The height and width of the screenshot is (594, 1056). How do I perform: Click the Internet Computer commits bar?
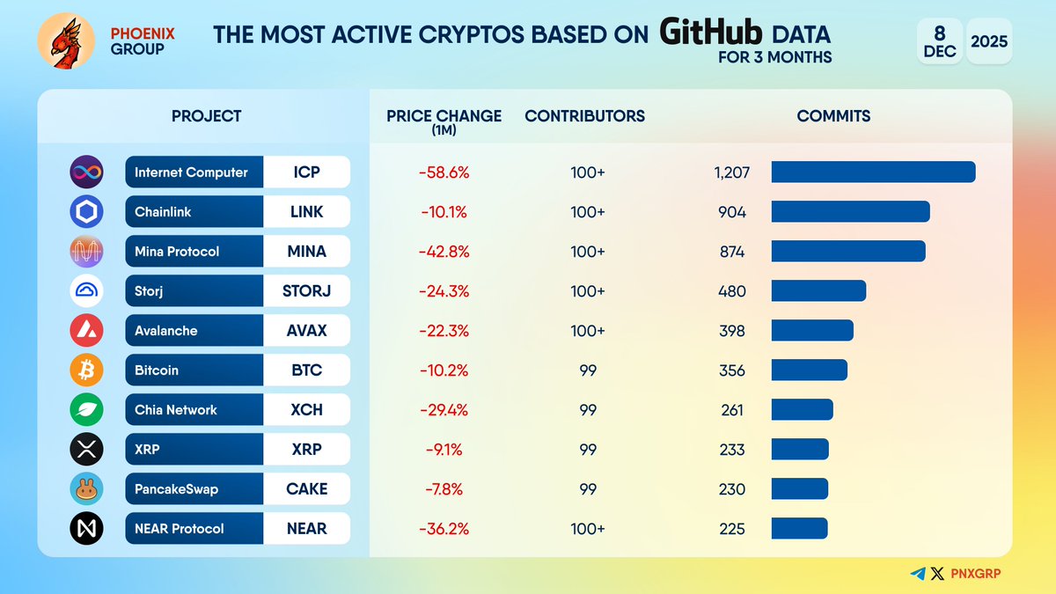click(x=873, y=172)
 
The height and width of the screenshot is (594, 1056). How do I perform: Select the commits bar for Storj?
click(x=818, y=291)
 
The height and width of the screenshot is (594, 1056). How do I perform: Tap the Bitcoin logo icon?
click(x=86, y=370)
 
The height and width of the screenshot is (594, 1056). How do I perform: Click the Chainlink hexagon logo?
click(x=86, y=212)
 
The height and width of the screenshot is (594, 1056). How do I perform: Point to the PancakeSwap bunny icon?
click(x=86, y=489)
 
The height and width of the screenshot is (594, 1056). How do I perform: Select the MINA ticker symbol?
click(x=306, y=252)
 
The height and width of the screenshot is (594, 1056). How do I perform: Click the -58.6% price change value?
click(x=444, y=172)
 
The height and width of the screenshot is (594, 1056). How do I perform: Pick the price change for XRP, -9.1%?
click(x=444, y=450)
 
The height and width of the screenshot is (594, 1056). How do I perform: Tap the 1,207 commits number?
click(x=732, y=172)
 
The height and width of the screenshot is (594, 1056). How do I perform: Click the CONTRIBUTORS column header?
click(x=584, y=116)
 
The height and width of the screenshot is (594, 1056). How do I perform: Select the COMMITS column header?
click(x=833, y=116)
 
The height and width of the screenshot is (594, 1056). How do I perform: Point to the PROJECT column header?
click(x=206, y=116)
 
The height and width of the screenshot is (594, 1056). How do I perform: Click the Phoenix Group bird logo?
click(x=65, y=42)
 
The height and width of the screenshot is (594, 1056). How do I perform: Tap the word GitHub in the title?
click(x=712, y=34)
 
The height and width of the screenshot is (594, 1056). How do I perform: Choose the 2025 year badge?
click(x=988, y=41)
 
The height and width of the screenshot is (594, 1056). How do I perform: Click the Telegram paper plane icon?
click(x=918, y=574)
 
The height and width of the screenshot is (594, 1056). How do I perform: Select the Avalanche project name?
click(x=165, y=331)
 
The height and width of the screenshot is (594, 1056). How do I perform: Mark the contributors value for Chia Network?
click(x=587, y=410)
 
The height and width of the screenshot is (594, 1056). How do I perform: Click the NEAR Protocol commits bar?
click(x=799, y=529)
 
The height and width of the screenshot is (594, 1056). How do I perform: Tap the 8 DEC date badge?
click(x=940, y=41)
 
